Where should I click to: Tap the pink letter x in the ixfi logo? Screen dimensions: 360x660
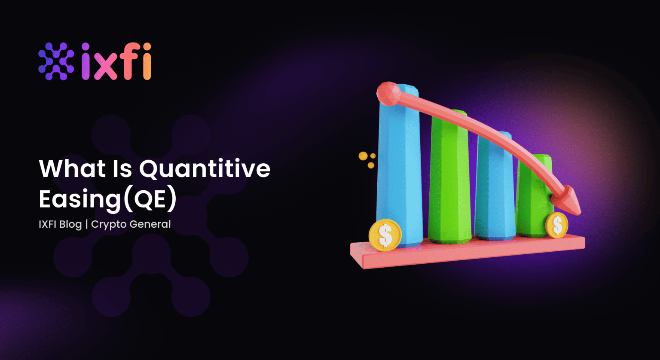104,67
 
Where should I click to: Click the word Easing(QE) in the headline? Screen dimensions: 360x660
107,199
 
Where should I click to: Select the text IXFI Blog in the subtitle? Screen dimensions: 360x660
60,224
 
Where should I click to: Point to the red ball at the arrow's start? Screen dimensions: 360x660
388,93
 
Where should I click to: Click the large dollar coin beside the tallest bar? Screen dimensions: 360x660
385,235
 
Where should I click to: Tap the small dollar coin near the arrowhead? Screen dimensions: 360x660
557,225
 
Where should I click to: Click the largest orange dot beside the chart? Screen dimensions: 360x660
363,156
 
